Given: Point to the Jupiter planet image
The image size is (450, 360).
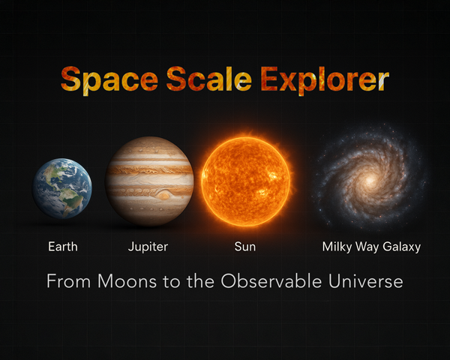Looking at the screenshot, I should tap(149, 181).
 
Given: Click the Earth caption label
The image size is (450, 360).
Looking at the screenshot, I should tap(62, 246).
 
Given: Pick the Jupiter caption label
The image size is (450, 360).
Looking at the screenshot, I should tap(148, 246).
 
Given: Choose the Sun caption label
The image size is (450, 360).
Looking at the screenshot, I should tap(246, 246).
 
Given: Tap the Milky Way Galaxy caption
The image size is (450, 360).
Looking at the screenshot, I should tap(371, 246).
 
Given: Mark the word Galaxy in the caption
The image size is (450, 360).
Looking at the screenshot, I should tap(401, 247).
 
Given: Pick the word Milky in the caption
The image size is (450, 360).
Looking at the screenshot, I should tap(337, 246).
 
